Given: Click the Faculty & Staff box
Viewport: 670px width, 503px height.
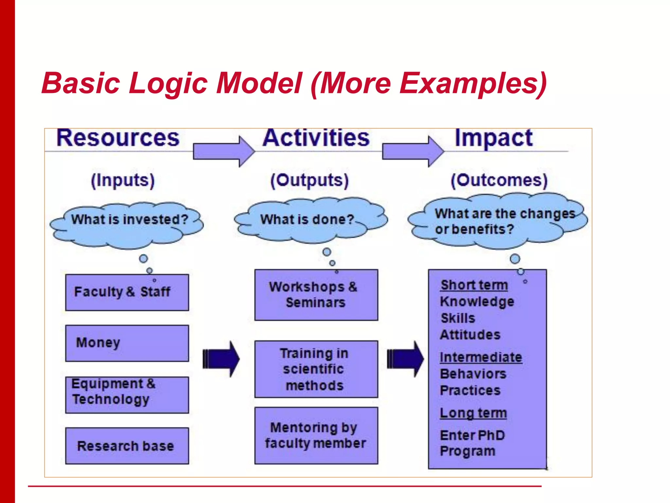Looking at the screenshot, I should click(x=127, y=292).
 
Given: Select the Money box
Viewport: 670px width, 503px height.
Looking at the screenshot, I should click(x=127, y=343).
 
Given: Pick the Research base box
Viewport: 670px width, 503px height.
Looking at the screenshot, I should click(x=127, y=446).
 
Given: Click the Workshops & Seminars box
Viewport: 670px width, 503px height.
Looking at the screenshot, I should click(x=316, y=295).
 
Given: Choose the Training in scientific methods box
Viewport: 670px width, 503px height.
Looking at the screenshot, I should click(x=316, y=369).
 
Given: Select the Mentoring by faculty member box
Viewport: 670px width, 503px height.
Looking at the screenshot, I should click(x=316, y=436).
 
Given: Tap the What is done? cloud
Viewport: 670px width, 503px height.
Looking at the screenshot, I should click(x=309, y=220).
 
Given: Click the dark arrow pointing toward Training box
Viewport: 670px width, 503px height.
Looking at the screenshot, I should click(x=221, y=359).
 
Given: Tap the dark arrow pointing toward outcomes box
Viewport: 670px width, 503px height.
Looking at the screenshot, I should click(x=405, y=359).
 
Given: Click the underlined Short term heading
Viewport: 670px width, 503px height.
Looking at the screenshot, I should click(x=474, y=285).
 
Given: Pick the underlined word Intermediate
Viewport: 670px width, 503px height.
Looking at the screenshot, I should click(x=481, y=357).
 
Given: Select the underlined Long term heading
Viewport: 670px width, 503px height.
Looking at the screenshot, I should click(x=473, y=413).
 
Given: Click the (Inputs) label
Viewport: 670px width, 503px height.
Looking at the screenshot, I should click(x=123, y=180).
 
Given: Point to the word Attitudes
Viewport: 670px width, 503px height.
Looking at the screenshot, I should click(x=470, y=335).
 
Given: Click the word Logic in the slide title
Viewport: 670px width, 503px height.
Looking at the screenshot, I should click(x=168, y=83).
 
